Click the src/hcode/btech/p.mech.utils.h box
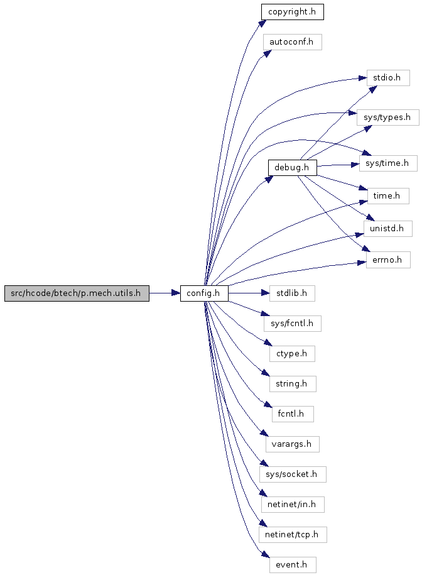pyautogui.click(x=77, y=293)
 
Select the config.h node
pyautogui.click(x=204, y=293)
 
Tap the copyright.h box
pyautogui.click(x=293, y=12)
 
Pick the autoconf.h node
pyautogui.click(x=293, y=42)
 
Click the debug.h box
pyautogui.click(x=293, y=168)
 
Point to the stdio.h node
pyautogui.click(x=388, y=78)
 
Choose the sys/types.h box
pyautogui.click(x=388, y=118)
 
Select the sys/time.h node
pyautogui.click(x=388, y=163)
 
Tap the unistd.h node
pyautogui.click(x=388, y=229)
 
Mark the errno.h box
pyautogui.click(x=388, y=260)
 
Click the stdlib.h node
pyautogui.click(x=293, y=293)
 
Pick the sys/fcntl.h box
pyautogui.click(x=293, y=324)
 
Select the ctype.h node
pyautogui.click(x=293, y=354)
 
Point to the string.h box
pyautogui.click(x=293, y=383)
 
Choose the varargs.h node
pyautogui.click(x=293, y=444)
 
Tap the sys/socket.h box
pyautogui.click(x=293, y=474)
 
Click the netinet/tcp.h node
pyautogui.click(x=293, y=535)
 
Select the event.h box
pyautogui.click(x=293, y=565)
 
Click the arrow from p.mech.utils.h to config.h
pyautogui.click(x=165, y=293)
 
